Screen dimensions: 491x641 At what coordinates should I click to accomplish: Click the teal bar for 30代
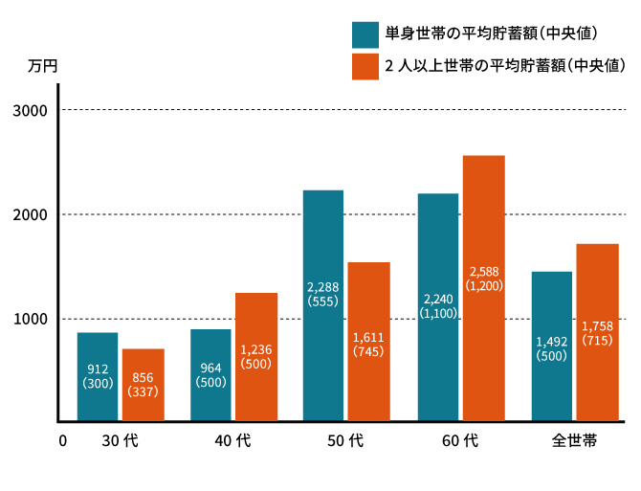98,376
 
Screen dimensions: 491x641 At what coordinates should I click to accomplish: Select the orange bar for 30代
143,384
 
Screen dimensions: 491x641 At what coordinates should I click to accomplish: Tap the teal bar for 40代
210,374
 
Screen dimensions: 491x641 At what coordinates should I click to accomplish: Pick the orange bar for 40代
256,356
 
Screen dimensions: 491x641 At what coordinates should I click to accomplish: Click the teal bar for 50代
323,305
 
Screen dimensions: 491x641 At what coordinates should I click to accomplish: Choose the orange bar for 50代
369,341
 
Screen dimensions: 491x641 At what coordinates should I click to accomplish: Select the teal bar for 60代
438,306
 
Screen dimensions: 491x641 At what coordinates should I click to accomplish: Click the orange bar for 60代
483,287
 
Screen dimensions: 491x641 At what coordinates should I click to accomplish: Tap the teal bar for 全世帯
551,346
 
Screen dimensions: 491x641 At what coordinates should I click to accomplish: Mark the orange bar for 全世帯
597,332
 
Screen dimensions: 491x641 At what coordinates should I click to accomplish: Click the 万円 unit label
43,67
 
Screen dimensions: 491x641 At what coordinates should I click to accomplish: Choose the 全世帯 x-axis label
574,441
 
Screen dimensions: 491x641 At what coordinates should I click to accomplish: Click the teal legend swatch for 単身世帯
365,34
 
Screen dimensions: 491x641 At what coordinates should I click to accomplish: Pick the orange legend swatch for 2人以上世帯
365,66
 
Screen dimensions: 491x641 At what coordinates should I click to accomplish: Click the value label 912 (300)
98,376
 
